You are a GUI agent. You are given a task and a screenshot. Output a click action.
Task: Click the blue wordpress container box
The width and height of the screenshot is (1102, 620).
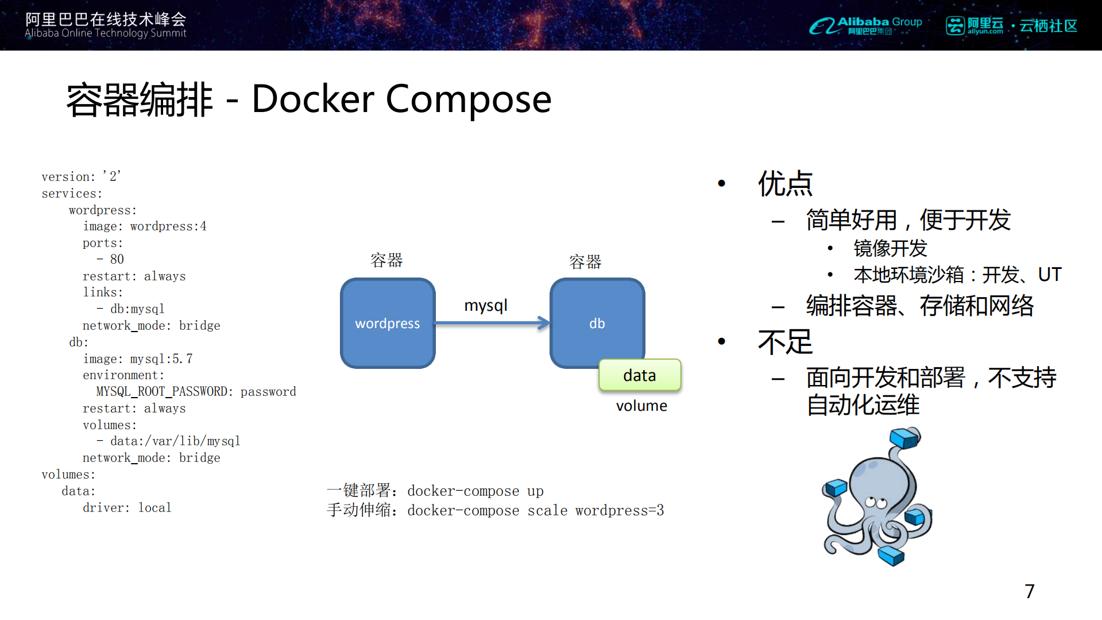[x=388, y=323]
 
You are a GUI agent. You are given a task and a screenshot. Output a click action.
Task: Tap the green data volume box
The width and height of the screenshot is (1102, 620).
[x=640, y=375]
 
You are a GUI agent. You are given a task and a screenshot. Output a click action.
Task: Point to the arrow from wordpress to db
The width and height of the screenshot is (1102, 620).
[x=492, y=323]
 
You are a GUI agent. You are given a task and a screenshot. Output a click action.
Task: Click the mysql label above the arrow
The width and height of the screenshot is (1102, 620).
[x=486, y=305]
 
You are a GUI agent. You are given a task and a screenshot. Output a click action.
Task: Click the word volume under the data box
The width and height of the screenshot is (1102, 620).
[x=641, y=406]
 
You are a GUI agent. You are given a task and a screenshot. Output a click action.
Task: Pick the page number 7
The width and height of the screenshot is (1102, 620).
[x=1029, y=591]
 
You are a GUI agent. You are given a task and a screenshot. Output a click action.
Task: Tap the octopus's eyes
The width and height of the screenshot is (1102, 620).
[x=875, y=503]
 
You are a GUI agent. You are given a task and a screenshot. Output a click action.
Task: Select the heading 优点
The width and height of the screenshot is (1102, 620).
[x=785, y=184]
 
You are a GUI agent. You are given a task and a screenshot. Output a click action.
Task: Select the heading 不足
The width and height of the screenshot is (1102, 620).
[x=785, y=342]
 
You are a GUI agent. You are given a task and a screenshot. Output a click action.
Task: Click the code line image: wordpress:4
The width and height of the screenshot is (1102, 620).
[x=145, y=226]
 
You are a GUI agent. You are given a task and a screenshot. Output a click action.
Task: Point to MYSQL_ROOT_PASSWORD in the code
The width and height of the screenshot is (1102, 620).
[x=164, y=391]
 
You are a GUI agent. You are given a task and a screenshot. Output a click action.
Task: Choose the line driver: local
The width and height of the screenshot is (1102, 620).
[x=127, y=507]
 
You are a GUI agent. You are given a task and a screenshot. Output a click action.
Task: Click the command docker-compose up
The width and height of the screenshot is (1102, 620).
[x=475, y=491]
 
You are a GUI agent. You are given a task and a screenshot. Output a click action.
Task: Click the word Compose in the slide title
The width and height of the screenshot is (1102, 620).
[x=468, y=99]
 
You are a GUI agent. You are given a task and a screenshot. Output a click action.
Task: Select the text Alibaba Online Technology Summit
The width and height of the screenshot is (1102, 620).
[x=106, y=33]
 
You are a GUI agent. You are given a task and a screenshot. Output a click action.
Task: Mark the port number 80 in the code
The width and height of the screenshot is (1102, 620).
[x=117, y=259]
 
